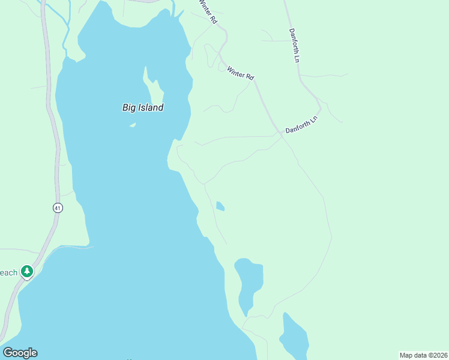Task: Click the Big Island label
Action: coord(143,108)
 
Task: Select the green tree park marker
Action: coord(26,272)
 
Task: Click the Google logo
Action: coord(20,353)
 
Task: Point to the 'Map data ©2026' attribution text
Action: coord(423,355)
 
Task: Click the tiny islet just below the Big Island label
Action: coord(132,125)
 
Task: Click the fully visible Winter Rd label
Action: coord(241,73)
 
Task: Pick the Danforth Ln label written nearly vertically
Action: coord(294,46)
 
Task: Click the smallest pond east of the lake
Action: coord(220,206)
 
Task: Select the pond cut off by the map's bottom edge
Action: coord(295,340)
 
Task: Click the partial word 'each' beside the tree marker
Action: coord(8,273)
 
